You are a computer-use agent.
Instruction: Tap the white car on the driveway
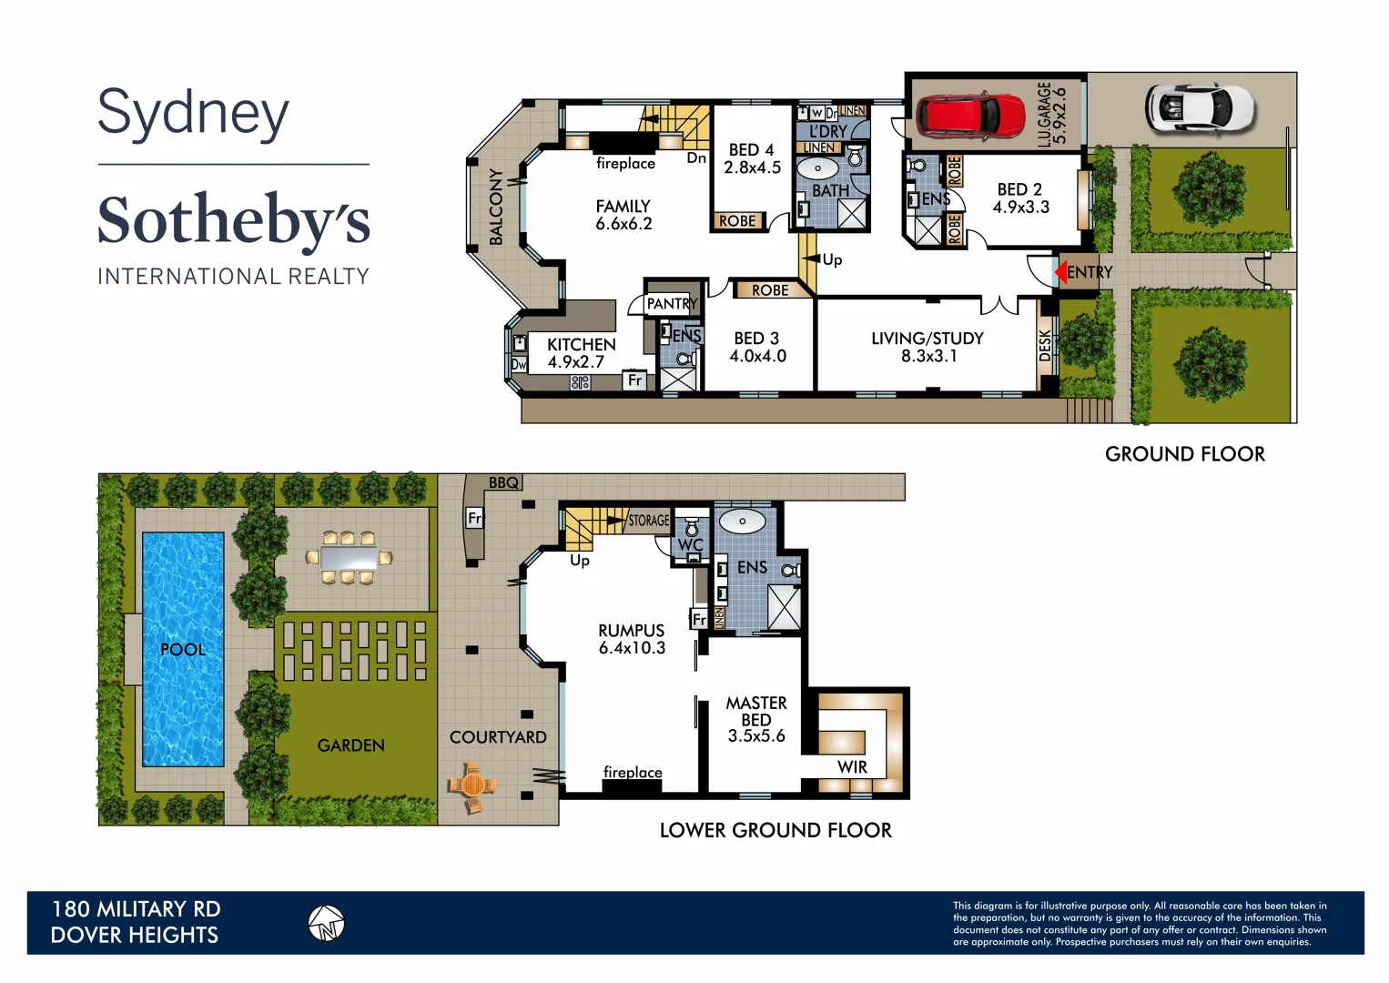pos(1199,107)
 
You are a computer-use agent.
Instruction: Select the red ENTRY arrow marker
pos(1060,272)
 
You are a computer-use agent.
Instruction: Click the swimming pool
pos(183,649)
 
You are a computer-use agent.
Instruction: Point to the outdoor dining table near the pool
pos(348,558)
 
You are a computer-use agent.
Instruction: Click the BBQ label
pos(503,482)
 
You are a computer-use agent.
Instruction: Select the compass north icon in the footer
pos(326,923)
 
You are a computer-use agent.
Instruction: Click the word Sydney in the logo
pos(193,114)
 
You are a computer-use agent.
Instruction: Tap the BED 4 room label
pos(751,150)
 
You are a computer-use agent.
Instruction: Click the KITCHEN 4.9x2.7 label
pos(581,353)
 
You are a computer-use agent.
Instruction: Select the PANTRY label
pos(672,304)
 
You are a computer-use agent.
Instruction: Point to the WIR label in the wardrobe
pos(852,767)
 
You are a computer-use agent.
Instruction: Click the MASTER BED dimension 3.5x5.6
pos(755,736)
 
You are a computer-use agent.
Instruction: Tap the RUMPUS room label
pos(631,631)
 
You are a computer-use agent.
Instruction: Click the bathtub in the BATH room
pos(818,168)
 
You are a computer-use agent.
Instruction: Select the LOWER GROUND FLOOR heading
pos(776,830)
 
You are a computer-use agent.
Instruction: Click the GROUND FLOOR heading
pos(1184,454)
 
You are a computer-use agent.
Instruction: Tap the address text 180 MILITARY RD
pos(136,909)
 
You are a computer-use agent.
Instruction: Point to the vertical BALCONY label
pos(496,207)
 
